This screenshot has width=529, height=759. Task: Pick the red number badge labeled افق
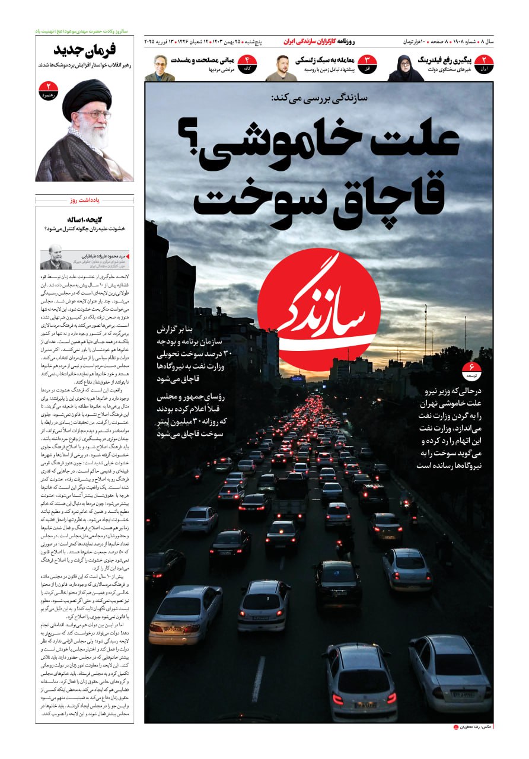pos(367,63)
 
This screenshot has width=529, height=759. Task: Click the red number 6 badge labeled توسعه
pos(472,371)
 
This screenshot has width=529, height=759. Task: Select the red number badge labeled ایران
pos(483,63)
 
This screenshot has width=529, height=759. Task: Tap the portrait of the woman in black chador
pos(406,68)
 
